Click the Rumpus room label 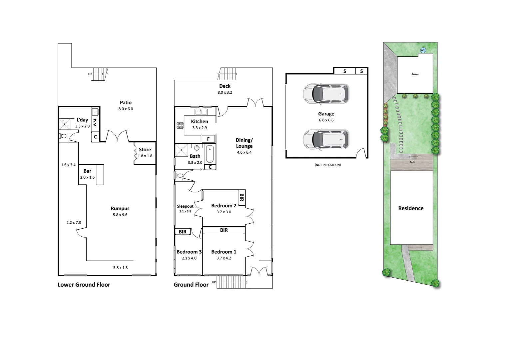(120, 209)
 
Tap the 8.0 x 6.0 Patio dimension (126, 109)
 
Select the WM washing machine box (95, 123)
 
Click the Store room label (145, 150)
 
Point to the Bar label (87, 171)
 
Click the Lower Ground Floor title (84, 285)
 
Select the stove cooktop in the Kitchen (180, 125)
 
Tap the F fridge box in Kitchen (209, 139)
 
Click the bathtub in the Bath (210, 154)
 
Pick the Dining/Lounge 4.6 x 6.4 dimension (244, 152)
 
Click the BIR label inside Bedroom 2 (242, 198)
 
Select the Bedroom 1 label (224, 252)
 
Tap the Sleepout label (185, 206)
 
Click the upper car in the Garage (326, 94)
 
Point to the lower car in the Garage (326, 139)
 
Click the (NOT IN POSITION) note (328, 165)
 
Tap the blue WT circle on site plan (423, 50)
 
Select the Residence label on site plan (411, 208)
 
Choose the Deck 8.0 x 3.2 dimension (225, 92)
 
